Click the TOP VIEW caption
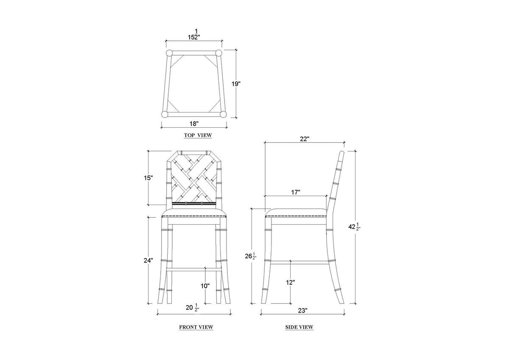click(x=198, y=135)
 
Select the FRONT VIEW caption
click(x=196, y=327)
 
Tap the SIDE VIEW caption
click(x=299, y=327)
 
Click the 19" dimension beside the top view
click(x=236, y=84)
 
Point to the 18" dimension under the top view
click(x=194, y=124)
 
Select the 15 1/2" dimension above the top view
click(x=194, y=34)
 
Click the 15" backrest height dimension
click(x=148, y=178)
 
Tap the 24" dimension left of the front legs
click(x=148, y=261)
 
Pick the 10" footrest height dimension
click(x=205, y=286)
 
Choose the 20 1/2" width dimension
click(x=193, y=308)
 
